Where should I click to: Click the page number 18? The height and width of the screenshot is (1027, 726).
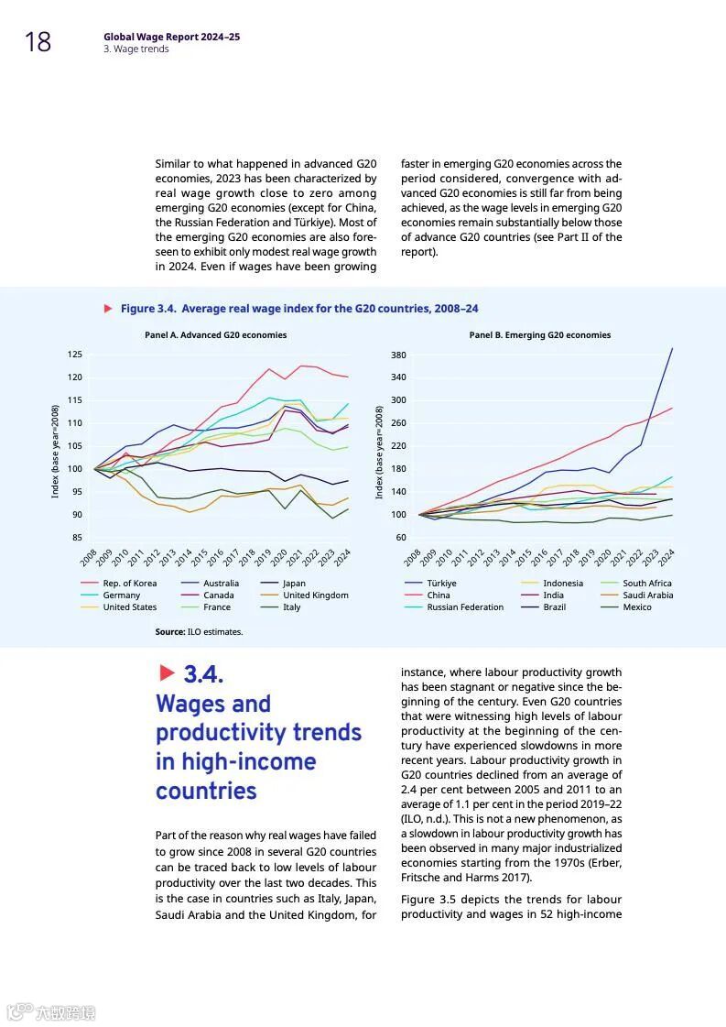pyautogui.click(x=38, y=42)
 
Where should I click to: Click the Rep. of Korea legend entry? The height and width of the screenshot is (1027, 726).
pyautogui.click(x=129, y=584)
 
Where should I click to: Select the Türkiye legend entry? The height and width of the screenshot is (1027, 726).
pyautogui.click(x=441, y=584)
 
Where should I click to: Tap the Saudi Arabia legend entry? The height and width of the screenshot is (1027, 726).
pyautogui.click(x=647, y=595)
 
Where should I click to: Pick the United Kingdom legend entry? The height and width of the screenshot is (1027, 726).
pyautogui.click(x=315, y=595)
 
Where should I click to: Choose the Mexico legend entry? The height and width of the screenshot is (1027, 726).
pyautogui.click(x=637, y=607)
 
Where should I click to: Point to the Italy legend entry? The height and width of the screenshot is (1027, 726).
pyautogui.click(x=291, y=607)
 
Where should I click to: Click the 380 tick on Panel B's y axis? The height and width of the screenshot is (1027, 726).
pyautogui.click(x=397, y=355)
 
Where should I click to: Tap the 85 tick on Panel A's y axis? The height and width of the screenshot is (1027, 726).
pyautogui.click(x=77, y=538)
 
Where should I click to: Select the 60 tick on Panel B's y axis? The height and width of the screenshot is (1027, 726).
pyautogui.click(x=400, y=538)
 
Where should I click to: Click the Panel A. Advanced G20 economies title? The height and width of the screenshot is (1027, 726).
pyautogui.click(x=215, y=335)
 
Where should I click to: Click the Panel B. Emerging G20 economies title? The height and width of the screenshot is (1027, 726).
pyautogui.click(x=539, y=335)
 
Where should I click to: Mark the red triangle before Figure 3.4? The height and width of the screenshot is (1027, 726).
pyautogui.click(x=108, y=309)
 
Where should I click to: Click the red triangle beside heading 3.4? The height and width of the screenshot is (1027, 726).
pyautogui.click(x=167, y=673)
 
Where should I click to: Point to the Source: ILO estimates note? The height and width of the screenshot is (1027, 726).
pyautogui.click(x=199, y=632)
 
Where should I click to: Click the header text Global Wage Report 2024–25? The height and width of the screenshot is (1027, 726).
pyautogui.click(x=171, y=37)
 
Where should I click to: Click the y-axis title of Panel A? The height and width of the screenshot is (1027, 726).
pyautogui.click(x=55, y=452)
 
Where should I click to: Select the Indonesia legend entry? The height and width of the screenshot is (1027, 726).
pyautogui.click(x=562, y=584)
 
